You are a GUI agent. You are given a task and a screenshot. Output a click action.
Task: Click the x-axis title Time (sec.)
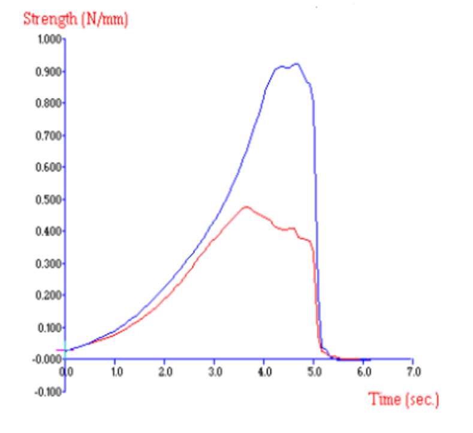tap(403, 399)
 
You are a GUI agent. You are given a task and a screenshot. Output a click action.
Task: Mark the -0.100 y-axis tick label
tap(48, 392)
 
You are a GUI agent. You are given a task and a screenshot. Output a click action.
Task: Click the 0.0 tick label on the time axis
tap(67, 372)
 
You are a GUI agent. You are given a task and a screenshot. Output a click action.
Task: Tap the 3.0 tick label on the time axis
tap(215, 372)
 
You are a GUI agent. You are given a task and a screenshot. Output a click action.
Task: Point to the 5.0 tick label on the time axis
tap(314, 372)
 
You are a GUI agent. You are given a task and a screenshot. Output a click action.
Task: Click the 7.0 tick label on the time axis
tap(412, 372)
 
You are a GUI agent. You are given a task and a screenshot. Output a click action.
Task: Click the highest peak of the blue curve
tap(296, 64)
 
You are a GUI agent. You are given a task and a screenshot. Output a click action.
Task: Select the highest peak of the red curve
tap(246, 207)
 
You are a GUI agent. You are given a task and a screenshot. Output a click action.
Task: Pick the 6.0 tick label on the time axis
tap(363, 372)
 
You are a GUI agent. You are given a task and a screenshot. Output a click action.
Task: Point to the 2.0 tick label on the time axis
tap(165, 372)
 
